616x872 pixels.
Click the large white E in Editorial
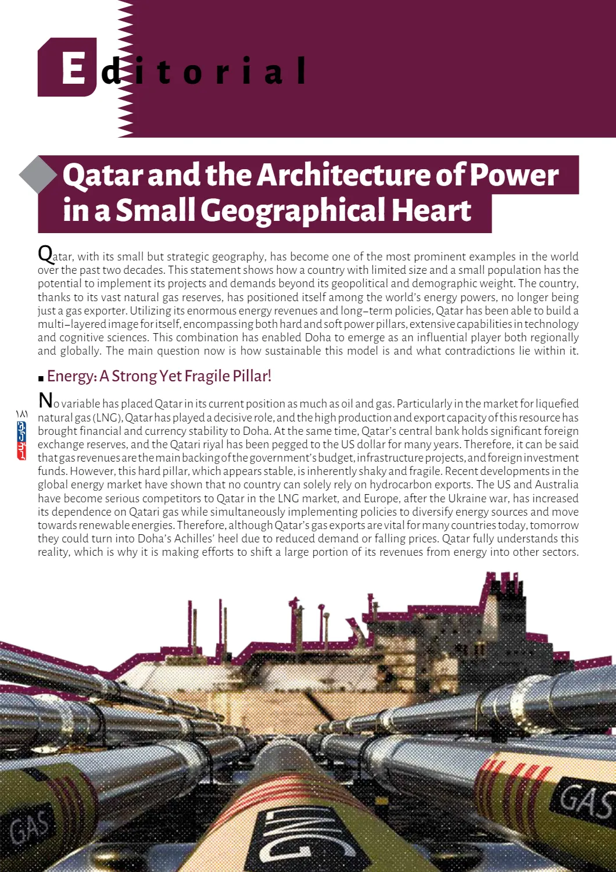(73, 68)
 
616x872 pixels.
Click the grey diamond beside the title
(38, 174)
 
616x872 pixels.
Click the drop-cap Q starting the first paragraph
(45, 253)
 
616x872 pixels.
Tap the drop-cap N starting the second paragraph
(45, 400)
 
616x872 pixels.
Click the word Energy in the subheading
(71, 377)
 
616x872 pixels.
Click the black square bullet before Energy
(41, 378)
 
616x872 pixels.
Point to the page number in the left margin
(22, 413)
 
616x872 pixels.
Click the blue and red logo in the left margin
(22, 440)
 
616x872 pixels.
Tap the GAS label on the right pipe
(586, 799)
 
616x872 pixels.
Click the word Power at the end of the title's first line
(514, 175)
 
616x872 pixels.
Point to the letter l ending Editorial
(301, 70)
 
